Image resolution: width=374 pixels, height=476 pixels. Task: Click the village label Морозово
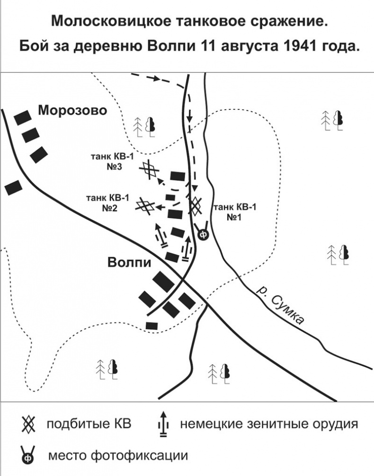(73, 111)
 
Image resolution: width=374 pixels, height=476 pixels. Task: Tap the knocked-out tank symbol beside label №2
(144, 205)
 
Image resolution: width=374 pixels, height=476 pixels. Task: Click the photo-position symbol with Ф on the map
(203, 234)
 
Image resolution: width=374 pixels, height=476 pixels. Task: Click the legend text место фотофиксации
(118, 456)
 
